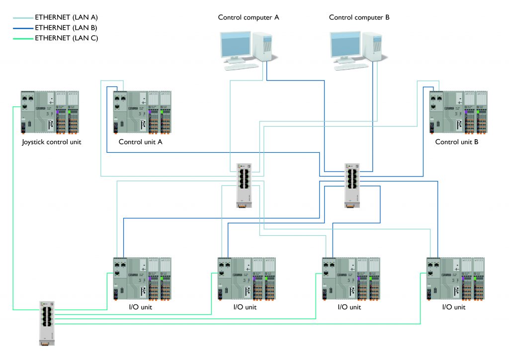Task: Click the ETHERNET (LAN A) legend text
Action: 66,17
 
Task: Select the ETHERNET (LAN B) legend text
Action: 66,27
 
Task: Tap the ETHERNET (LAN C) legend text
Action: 66,38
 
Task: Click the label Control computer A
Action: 249,17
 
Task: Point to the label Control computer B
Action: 359,17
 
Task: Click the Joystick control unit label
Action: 51,142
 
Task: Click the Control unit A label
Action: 141,142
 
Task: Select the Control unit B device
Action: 458,112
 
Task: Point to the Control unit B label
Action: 456,142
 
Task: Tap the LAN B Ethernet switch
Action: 351,184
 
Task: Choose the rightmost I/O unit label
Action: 453,307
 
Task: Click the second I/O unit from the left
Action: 247,279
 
